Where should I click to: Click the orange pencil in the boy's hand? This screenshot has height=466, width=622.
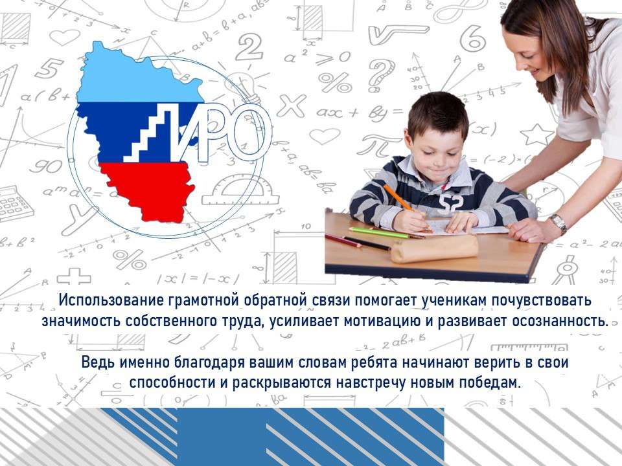407,208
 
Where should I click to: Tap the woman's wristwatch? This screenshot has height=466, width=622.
559,224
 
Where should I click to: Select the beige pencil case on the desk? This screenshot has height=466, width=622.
434,249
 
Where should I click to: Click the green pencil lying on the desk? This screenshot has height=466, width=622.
378,232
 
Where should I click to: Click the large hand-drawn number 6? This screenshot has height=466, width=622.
473,39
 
